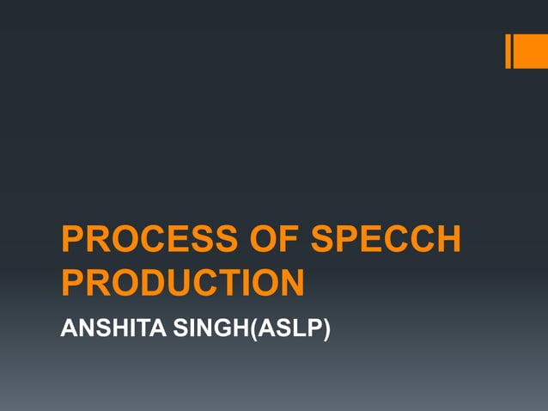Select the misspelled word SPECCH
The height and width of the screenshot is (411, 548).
[386, 240]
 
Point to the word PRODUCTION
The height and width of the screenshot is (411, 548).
[183, 284]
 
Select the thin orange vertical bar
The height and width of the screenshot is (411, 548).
[508, 51]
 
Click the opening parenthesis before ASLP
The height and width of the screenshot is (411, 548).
[253, 328]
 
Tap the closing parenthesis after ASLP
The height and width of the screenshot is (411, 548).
[326, 328]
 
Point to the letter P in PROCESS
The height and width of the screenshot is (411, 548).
[72, 240]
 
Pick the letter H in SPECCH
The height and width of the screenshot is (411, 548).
[448, 240]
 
